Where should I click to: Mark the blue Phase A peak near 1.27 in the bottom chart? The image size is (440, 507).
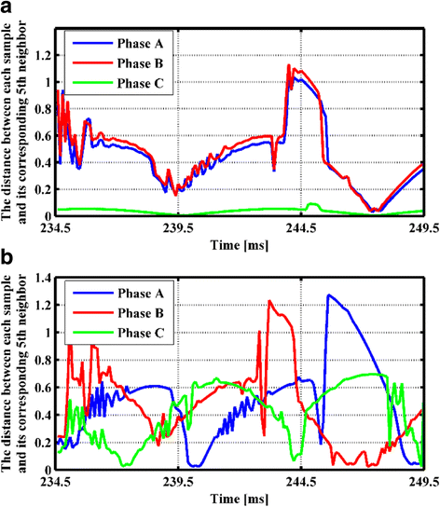[x=328, y=295]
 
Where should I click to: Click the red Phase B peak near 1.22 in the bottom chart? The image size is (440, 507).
[x=269, y=301]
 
